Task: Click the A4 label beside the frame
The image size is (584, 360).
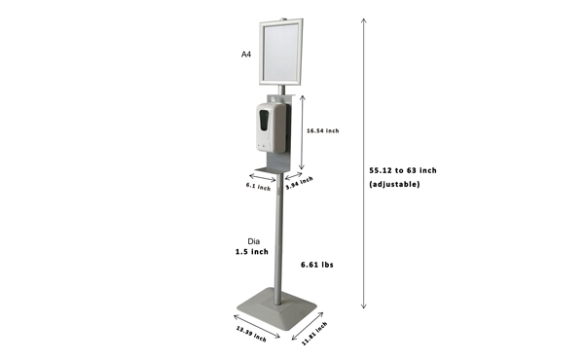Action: point(246,54)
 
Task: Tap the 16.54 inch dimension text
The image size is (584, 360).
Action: point(322,130)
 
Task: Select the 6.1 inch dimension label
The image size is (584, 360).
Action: point(258,186)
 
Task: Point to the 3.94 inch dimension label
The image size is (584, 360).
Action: point(299,183)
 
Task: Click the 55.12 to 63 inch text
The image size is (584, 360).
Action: point(403,170)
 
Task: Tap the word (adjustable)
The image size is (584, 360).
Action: point(394,184)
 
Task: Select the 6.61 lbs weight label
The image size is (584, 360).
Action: point(317,265)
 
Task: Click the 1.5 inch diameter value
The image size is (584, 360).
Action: point(251,252)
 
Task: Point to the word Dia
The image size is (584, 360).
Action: point(254,241)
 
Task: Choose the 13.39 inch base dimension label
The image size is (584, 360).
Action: point(251,334)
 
